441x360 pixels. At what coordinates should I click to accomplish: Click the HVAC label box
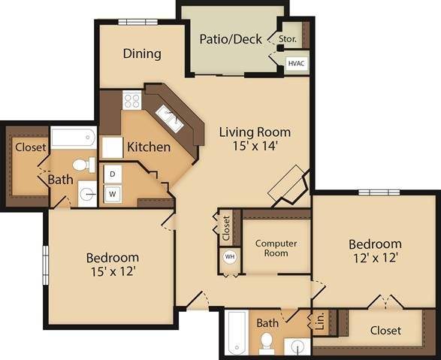coord(297,63)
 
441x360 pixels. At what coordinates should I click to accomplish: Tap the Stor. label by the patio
coord(288,38)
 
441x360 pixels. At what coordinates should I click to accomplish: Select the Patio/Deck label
coord(230,38)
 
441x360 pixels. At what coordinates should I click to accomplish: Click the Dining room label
coord(143,53)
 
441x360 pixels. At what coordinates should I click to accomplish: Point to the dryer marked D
coord(113,174)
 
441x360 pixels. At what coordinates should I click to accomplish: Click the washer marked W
coord(113,194)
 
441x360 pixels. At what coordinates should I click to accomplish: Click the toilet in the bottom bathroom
coord(267,343)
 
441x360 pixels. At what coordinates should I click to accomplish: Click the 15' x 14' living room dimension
coord(255,147)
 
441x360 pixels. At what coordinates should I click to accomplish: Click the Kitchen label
coord(148,147)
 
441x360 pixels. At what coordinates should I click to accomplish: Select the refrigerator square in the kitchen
coord(113,147)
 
